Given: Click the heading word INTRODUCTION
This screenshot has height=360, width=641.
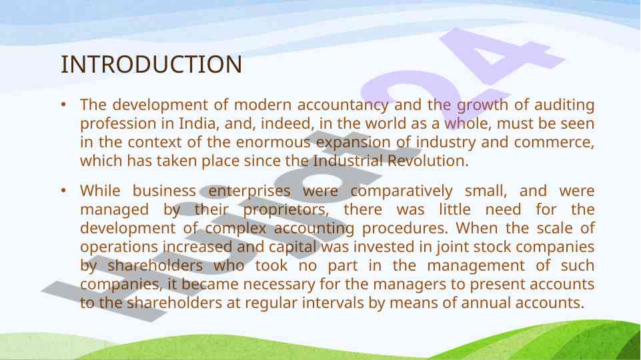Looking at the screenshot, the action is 151,65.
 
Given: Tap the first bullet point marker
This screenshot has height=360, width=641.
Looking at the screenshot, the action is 63,105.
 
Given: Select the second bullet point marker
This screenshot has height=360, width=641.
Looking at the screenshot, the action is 63,191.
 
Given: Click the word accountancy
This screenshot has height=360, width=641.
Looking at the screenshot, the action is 343,105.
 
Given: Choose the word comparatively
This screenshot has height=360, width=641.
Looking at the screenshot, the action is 402,191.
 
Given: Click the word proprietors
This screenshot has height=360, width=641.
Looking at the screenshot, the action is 286,210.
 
